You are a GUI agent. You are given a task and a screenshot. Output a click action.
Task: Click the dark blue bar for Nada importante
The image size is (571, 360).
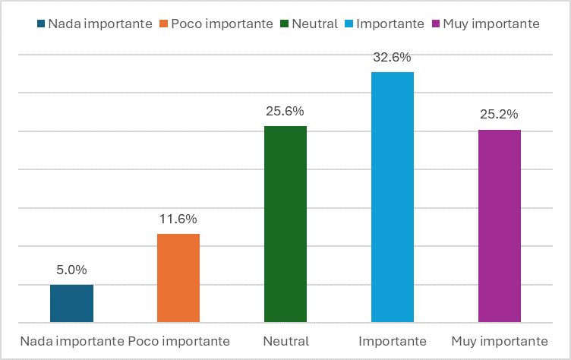point(71,303)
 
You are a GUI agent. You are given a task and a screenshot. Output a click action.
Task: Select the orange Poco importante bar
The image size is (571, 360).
point(178,278)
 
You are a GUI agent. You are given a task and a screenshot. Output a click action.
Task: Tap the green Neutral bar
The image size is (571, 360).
point(285,224)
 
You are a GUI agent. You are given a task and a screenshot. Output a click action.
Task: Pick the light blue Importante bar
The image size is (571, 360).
point(393,197)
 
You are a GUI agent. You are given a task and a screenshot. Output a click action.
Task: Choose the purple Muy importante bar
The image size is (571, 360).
point(500,226)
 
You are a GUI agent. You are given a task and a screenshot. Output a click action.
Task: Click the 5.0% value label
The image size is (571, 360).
point(71,270)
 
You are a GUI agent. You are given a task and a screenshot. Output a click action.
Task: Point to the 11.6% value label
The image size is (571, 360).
point(178,219)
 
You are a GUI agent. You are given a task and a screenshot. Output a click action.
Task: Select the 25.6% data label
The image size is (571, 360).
point(285,111)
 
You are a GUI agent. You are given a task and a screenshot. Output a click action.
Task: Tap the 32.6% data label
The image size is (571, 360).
point(393,57)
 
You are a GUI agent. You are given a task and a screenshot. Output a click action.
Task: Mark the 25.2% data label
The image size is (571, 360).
point(500,115)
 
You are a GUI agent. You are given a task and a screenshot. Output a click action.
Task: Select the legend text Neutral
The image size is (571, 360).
point(314,24)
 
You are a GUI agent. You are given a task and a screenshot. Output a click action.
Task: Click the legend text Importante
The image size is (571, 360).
point(390,24)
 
